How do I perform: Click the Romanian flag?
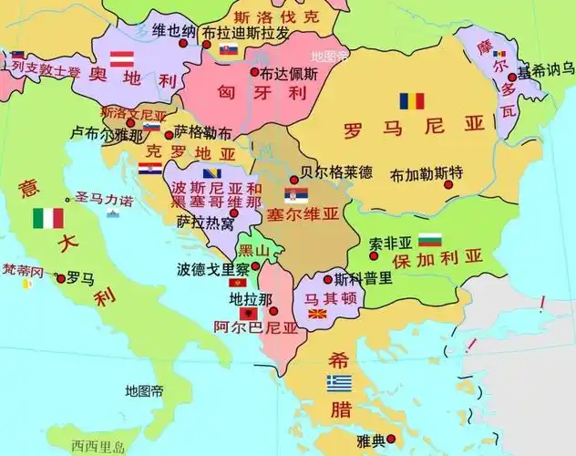click(x=411, y=101)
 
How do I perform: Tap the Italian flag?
click(x=48, y=218)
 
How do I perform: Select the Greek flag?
click(x=340, y=382)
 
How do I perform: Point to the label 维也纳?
click(x=173, y=31)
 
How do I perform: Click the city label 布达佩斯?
click(x=289, y=75)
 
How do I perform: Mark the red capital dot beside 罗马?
click(x=60, y=277)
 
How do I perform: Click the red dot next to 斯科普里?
click(x=327, y=278)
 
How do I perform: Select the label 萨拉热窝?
click(x=204, y=222)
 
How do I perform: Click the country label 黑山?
click(x=252, y=251)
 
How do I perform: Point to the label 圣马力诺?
click(x=104, y=198)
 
